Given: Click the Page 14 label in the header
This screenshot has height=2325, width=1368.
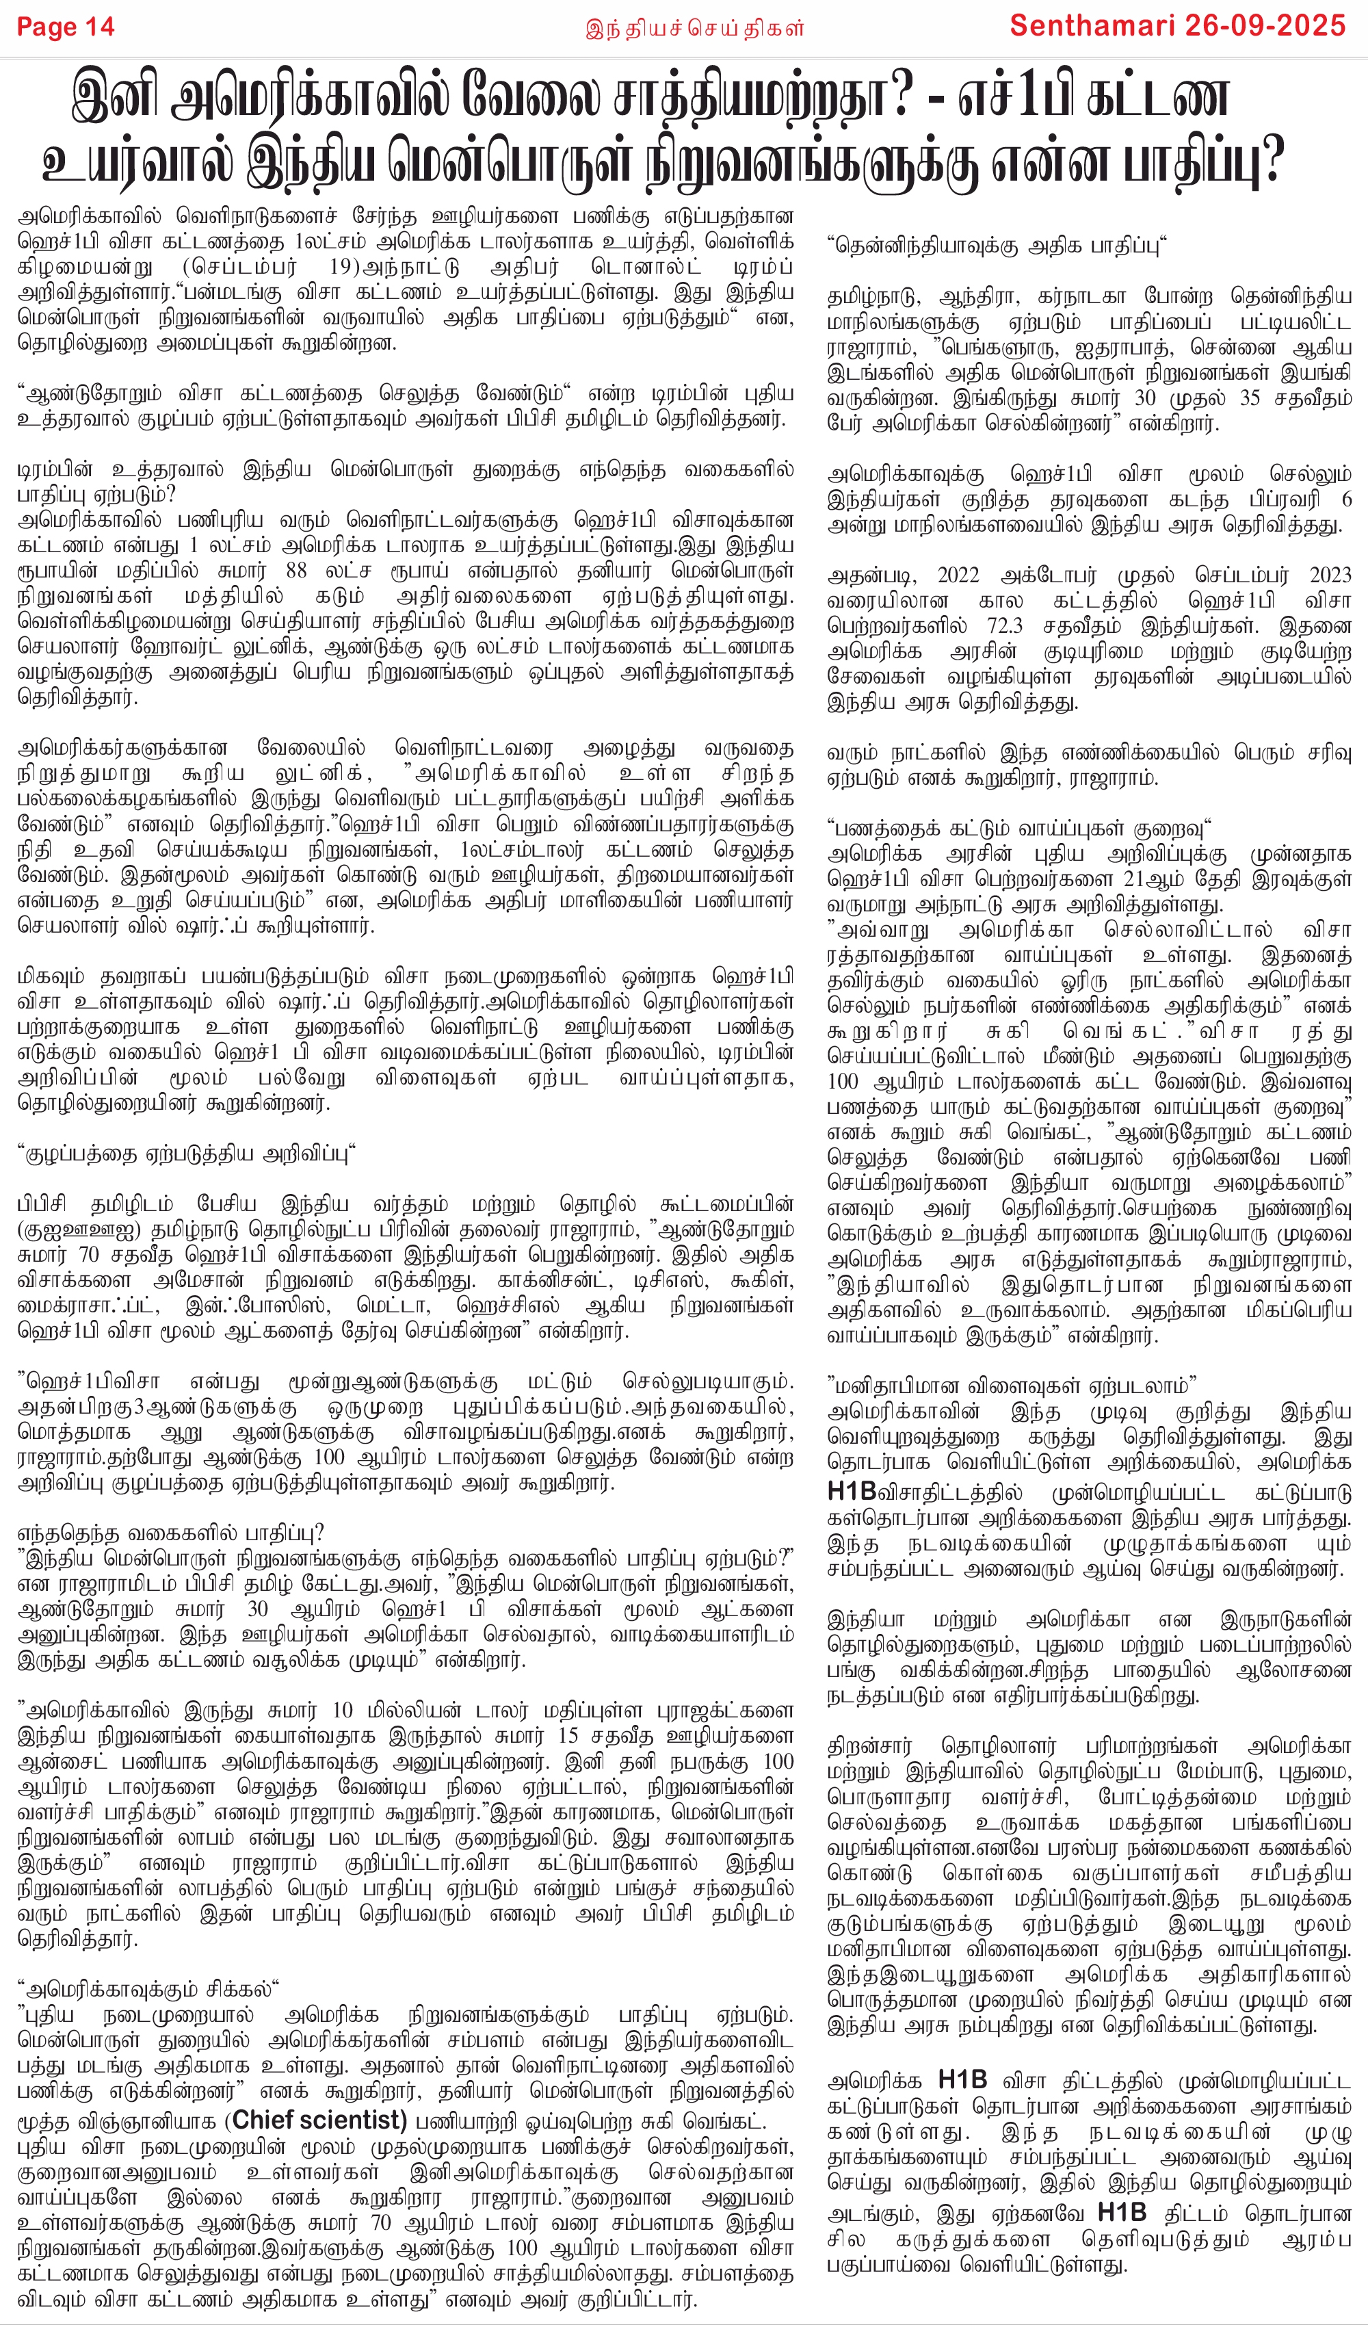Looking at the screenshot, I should click(66, 27).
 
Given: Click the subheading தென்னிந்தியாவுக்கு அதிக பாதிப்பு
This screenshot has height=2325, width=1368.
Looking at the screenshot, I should click(997, 246).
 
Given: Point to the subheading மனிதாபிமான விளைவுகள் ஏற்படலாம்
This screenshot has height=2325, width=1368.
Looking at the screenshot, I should click(1011, 1385).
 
